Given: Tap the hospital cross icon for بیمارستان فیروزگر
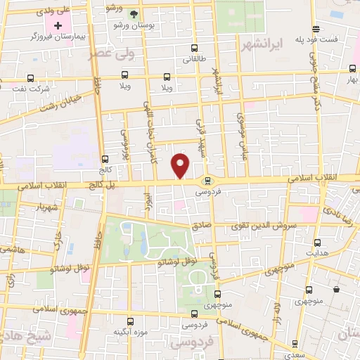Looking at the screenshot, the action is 58,26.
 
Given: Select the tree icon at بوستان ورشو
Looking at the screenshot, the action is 134,13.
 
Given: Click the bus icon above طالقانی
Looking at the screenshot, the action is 195,49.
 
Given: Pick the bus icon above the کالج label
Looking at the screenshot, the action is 105,159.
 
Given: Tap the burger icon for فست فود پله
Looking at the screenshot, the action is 317,29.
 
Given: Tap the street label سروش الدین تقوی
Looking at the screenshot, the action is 264,227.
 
